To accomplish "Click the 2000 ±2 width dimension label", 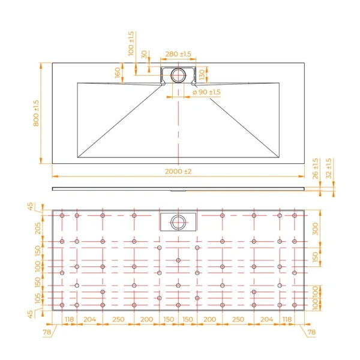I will point(178,172).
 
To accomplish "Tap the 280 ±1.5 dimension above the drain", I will point(178,55).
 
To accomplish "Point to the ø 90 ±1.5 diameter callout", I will point(206,92).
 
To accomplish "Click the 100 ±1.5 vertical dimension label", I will point(131,43).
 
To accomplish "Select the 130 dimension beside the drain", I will point(203,74).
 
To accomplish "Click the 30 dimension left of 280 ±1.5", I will point(145,55).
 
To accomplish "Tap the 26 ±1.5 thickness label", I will point(316,170).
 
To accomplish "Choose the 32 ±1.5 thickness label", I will point(328,169).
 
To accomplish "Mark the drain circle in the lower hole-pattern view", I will point(178,221).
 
